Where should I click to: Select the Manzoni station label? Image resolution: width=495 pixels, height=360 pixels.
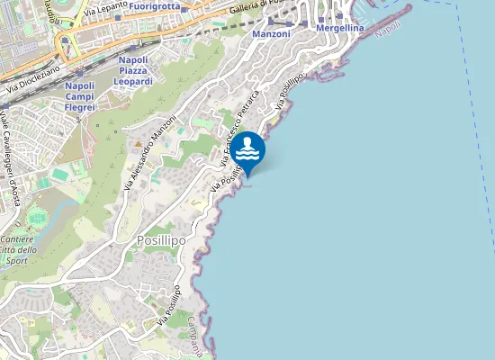pos(271,33)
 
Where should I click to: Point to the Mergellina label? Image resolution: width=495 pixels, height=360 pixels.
pos(340,29)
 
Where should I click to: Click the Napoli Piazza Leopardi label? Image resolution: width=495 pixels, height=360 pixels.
pos(135,70)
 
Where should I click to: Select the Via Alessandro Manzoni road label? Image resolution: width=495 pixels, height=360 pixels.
pos(150,157)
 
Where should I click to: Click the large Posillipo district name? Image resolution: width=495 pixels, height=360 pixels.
pos(161,241)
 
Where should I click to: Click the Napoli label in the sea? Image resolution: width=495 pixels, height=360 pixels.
pos(388,28)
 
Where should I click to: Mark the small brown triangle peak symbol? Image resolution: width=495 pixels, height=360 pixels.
pos(138,144)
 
